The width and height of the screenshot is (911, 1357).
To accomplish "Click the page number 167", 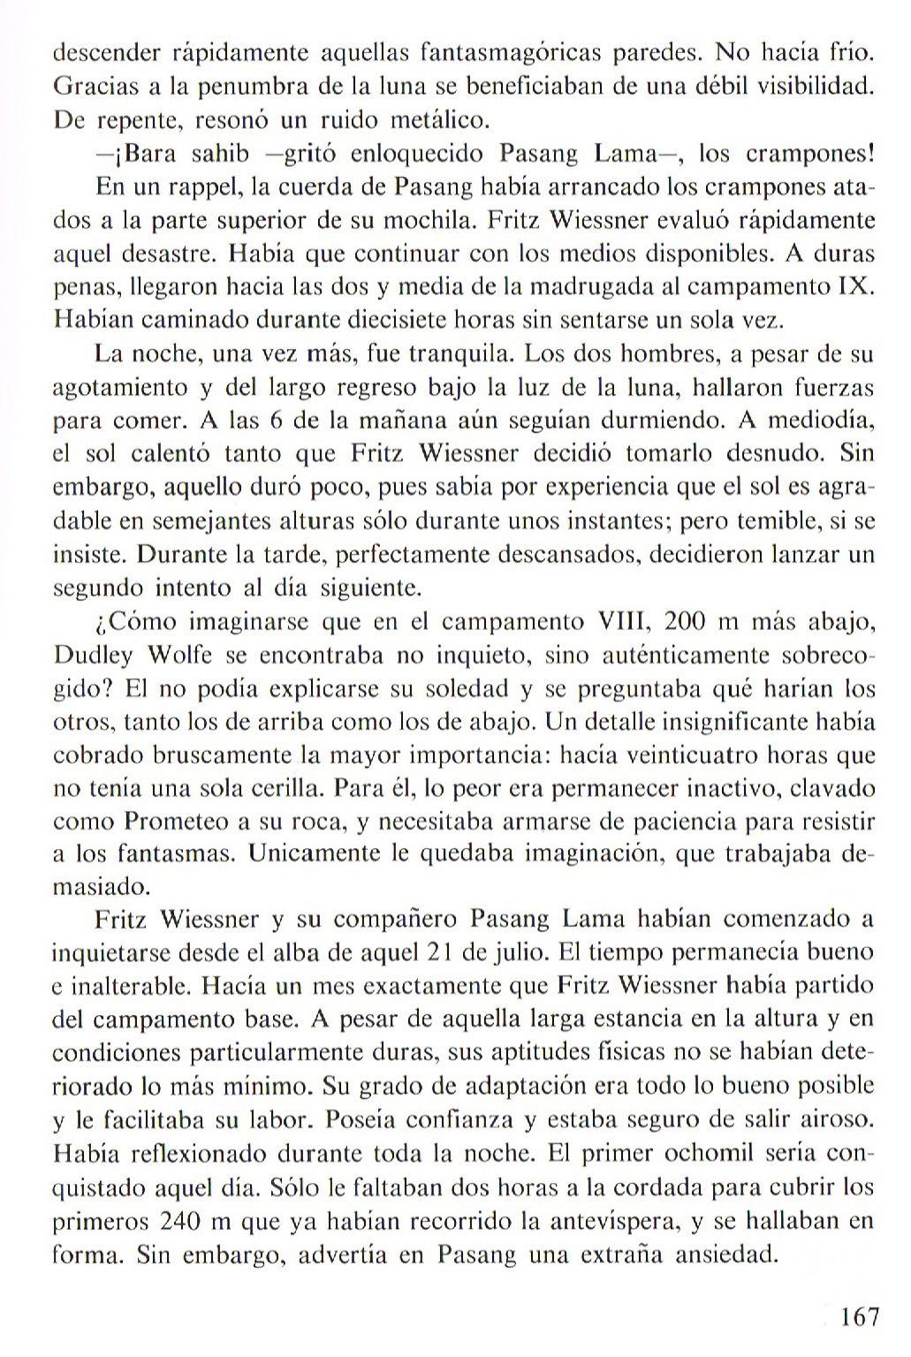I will [x=860, y=1318].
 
